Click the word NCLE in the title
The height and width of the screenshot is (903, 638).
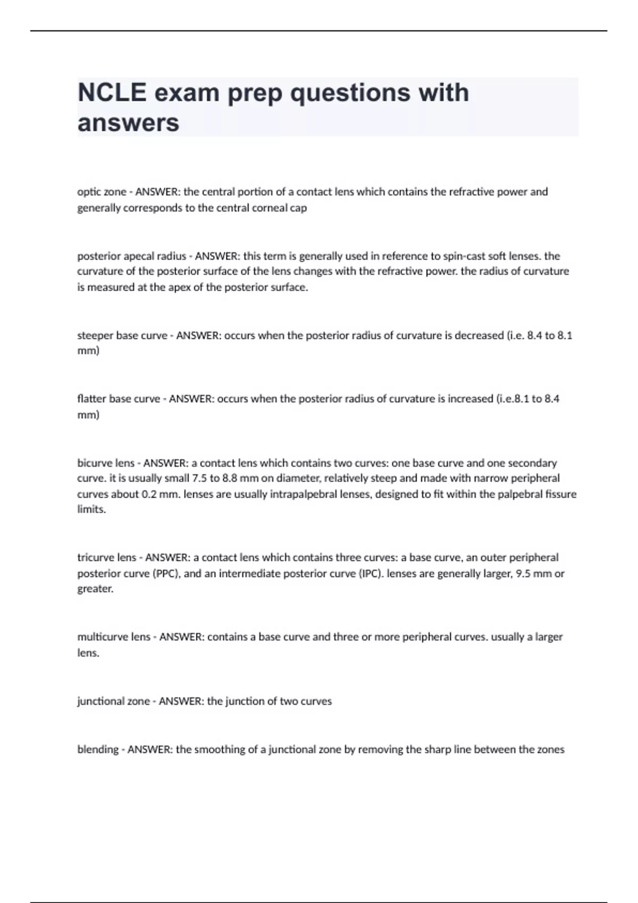112,92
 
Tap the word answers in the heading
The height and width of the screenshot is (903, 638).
128,123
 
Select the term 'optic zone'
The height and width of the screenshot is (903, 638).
102,192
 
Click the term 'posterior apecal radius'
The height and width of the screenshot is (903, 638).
131,256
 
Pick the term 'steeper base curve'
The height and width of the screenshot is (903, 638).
122,336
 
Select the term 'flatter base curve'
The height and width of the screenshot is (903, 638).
119,399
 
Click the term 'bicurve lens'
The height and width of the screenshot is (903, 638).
106,463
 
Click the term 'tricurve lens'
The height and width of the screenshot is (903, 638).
107,558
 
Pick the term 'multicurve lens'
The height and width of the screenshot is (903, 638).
114,637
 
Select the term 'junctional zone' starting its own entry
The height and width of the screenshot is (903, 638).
113,701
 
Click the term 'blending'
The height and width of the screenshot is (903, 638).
98,749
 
